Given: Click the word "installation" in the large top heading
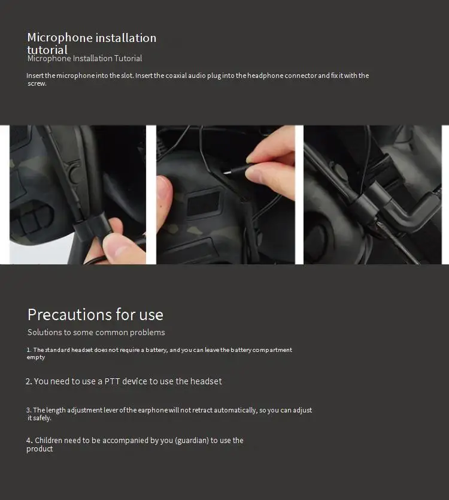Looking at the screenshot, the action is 126,38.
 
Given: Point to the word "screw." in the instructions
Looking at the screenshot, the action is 37,83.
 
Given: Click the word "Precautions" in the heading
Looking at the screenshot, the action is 69,315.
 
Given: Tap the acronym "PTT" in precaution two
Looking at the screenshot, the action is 112,381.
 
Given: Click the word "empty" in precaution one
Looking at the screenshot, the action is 36,357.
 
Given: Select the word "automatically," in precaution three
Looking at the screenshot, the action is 235,410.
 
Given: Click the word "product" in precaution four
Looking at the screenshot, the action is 40,449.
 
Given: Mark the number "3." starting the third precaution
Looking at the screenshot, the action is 29,410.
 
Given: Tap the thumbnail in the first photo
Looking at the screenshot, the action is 120,251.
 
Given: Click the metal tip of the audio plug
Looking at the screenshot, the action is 227,173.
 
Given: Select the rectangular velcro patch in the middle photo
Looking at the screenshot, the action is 204,203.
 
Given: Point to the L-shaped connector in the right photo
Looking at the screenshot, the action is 411,211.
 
